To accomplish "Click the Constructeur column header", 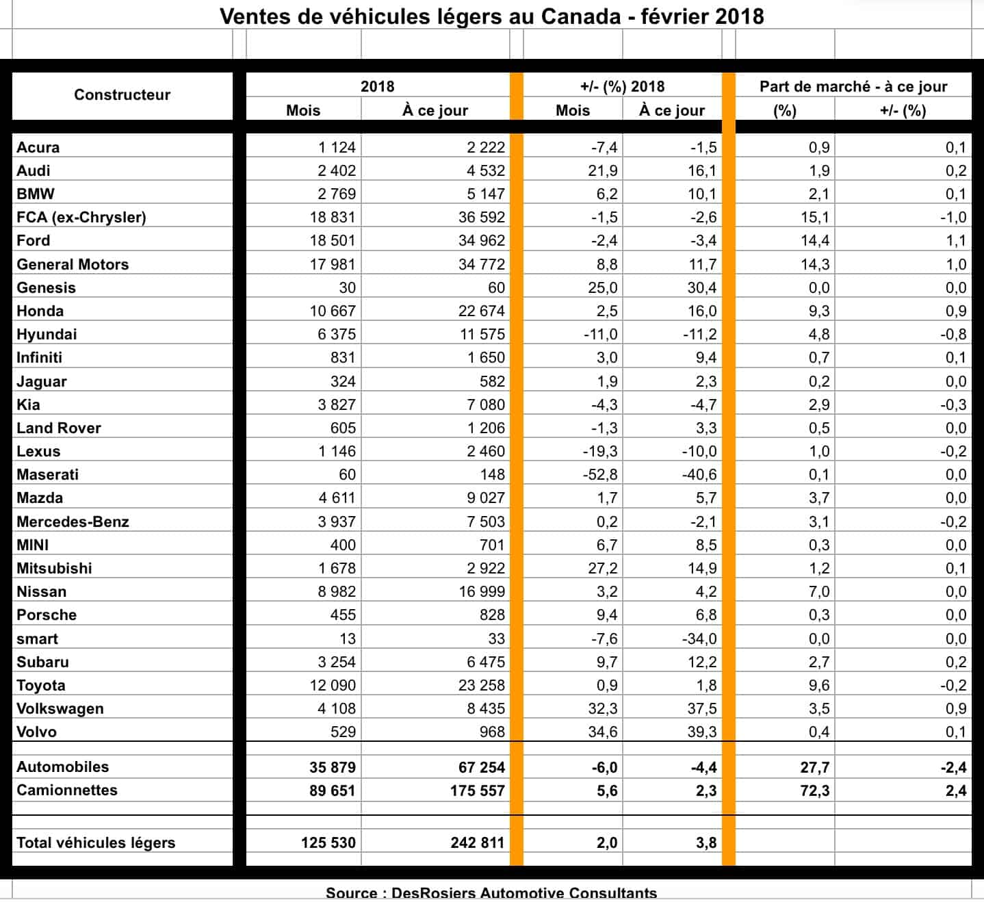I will [122, 95].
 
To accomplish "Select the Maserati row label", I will [47, 475].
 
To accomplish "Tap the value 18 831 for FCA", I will [333, 218].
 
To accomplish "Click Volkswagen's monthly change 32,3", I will [603, 709].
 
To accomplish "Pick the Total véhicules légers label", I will [96, 843].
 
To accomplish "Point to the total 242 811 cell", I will [477, 843].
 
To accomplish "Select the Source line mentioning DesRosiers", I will [491, 893].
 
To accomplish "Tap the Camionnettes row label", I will [67, 790].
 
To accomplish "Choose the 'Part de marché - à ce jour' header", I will [853, 87].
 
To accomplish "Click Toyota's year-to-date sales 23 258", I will [481, 686].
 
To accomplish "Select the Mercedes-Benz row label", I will [73, 522].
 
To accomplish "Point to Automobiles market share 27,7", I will [814, 768].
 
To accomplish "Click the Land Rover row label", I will [59, 428].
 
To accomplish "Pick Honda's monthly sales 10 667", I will [333, 311].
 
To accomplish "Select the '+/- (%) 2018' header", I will [622, 87].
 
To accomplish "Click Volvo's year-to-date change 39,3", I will [701, 732].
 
